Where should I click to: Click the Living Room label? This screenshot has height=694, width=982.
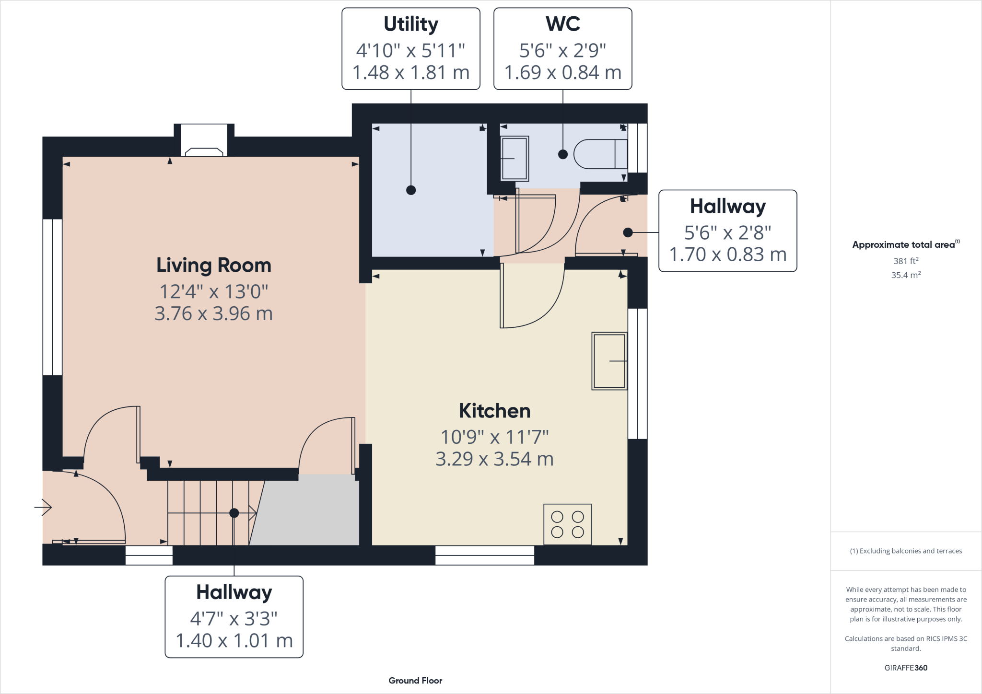coord(214,265)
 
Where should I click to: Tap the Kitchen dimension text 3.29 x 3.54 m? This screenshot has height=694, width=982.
coord(494,459)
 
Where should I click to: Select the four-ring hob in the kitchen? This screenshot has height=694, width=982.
coord(567,524)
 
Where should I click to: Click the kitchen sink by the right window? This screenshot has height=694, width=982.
coord(609,361)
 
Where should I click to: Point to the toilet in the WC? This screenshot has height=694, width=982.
coord(600,154)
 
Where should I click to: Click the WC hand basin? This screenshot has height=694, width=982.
coord(514,159)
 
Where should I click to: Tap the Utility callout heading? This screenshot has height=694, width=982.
coord(411,24)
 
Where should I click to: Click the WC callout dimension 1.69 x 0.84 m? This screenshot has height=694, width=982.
coord(562,73)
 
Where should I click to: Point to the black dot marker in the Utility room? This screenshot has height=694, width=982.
coord(411,190)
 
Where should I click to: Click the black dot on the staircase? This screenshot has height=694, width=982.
coord(234,513)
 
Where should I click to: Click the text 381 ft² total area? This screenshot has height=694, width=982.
coord(905,261)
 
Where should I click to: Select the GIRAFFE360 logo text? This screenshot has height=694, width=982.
coord(905,668)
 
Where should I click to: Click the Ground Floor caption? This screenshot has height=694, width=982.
coord(415,681)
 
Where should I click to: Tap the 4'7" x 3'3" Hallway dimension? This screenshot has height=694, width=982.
coord(234,619)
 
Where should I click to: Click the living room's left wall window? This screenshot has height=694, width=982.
coord(52,297)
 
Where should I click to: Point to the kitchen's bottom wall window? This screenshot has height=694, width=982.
coord(485,555)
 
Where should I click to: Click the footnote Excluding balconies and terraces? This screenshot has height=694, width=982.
coord(906,551)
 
